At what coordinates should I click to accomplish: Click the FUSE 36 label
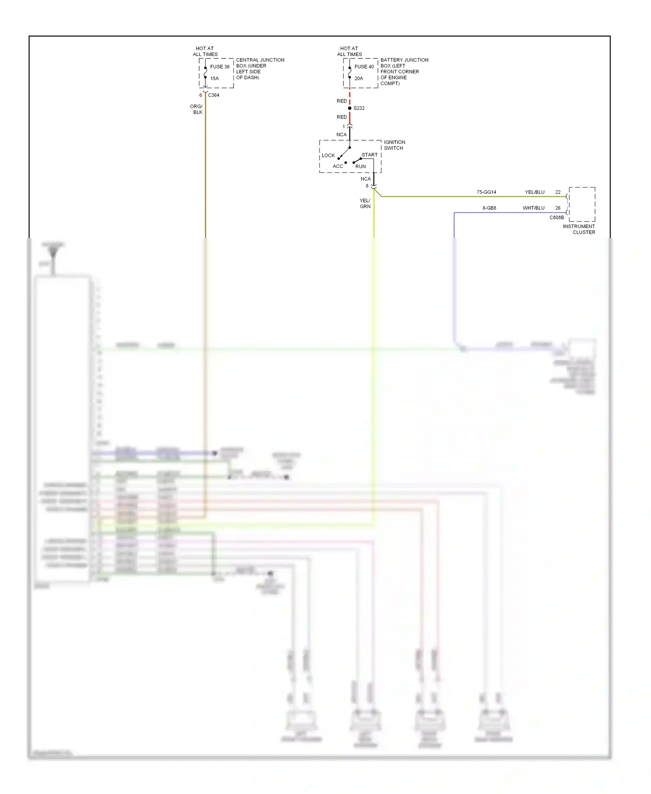coord(220,67)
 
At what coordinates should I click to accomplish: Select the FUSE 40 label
coord(364,67)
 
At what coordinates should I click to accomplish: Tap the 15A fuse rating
coord(214,79)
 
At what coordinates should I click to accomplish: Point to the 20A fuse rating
coord(358,79)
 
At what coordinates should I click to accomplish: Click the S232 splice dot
coord(350,108)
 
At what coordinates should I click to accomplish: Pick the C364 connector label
coord(214,95)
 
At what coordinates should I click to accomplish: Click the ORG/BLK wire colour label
coord(197,109)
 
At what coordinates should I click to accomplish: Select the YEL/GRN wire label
coord(365,203)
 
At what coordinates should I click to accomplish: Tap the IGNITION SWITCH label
coord(394,145)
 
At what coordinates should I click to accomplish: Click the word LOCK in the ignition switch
coord(328,155)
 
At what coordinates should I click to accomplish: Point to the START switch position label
coord(369,155)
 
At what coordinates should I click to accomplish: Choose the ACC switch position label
coord(338,166)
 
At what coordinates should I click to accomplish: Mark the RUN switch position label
coord(360,166)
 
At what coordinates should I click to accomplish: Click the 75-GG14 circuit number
coord(486,192)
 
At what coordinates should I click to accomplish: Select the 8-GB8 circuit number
coord(489,208)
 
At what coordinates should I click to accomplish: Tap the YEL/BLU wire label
coord(534,192)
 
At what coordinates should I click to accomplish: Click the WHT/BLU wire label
coord(533,208)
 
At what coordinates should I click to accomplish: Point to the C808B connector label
coord(556,218)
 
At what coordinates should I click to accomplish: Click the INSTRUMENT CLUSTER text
coord(579,229)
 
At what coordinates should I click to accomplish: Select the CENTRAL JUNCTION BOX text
coord(260,69)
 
